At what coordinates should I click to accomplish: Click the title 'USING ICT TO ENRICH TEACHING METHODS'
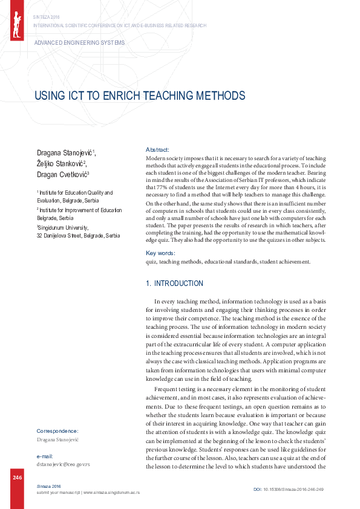[x=140, y=96]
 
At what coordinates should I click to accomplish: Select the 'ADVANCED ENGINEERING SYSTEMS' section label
[x=80, y=43]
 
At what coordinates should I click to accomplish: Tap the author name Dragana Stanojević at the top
[x=65, y=152]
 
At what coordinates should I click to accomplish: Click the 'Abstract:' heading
[x=157, y=149]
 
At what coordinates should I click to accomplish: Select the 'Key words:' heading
[x=161, y=253]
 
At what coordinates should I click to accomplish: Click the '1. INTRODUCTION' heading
[x=175, y=284]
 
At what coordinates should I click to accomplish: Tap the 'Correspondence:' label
[x=57, y=431]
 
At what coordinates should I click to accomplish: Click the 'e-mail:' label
[x=45, y=455]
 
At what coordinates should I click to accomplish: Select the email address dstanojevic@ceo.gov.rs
[x=64, y=464]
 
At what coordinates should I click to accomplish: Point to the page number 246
[x=17, y=478]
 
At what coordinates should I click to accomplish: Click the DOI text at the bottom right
[x=288, y=488]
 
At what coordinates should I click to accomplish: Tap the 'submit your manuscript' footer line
[x=88, y=493]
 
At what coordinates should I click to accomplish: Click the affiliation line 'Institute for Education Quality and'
[x=76, y=193]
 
